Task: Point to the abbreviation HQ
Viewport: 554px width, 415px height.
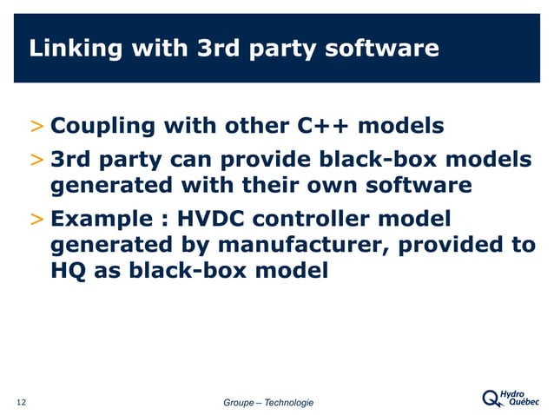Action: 66,271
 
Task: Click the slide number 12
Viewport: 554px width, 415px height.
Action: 22,401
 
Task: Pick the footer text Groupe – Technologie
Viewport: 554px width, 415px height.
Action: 268,402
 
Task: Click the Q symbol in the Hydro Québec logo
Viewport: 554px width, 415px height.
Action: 491,399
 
